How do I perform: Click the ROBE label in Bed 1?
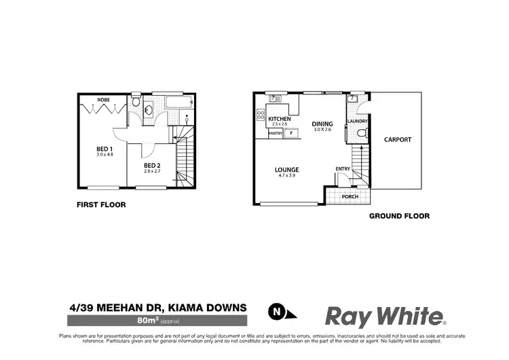(x=104, y=100)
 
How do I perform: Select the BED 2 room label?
(x=152, y=165)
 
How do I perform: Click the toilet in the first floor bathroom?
(x=136, y=103)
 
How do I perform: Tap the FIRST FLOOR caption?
(x=101, y=204)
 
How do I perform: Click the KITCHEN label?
(x=279, y=118)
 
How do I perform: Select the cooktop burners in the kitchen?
(x=260, y=115)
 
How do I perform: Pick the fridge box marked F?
(x=290, y=133)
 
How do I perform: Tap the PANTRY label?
(x=276, y=133)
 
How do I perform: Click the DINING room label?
(x=322, y=124)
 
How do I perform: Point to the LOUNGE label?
(x=287, y=169)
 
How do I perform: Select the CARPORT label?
(x=398, y=140)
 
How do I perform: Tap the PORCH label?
(x=350, y=197)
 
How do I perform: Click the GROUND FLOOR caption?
(x=399, y=216)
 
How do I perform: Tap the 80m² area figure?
(x=147, y=319)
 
